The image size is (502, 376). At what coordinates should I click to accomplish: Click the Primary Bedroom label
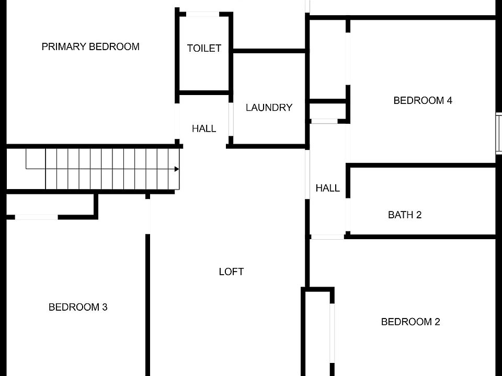[90, 46]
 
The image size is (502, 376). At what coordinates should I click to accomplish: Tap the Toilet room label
[204, 49]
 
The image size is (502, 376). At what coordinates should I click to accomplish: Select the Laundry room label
[269, 108]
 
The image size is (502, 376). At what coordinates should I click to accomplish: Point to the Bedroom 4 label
[423, 100]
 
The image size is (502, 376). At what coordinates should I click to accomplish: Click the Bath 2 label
[405, 215]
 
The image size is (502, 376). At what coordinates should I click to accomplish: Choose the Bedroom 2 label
[410, 322]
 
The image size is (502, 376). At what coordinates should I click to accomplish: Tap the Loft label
[231, 272]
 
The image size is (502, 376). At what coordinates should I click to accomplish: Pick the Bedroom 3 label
[78, 307]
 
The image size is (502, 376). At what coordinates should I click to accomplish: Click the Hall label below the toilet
[204, 128]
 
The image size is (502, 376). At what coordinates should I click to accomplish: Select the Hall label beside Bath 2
[328, 188]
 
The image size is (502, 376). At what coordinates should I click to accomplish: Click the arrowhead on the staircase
[177, 169]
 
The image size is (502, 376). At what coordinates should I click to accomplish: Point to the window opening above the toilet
[203, 14]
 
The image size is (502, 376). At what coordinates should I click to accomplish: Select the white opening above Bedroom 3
[36, 217]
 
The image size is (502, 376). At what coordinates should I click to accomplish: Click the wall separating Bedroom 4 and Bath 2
[421, 166]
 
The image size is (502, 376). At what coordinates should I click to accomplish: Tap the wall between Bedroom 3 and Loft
[148, 303]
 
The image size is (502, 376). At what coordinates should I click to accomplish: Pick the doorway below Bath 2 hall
[327, 237]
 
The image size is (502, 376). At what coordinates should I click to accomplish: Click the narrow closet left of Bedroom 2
[317, 334]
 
